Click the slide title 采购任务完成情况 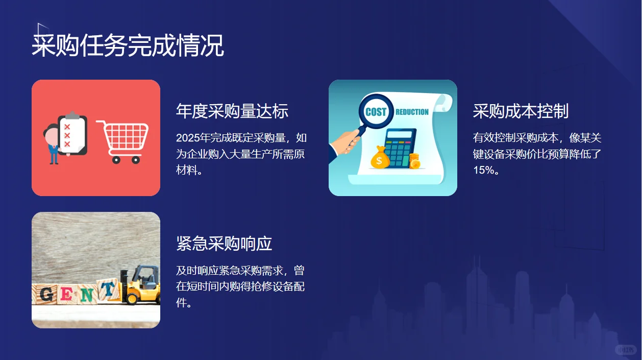click(128, 46)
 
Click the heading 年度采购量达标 click(232, 111)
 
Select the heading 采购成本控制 click(521, 111)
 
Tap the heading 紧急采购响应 click(224, 244)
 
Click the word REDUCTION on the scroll click(412, 112)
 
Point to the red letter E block click(66, 294)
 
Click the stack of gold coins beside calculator click(415, 161)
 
